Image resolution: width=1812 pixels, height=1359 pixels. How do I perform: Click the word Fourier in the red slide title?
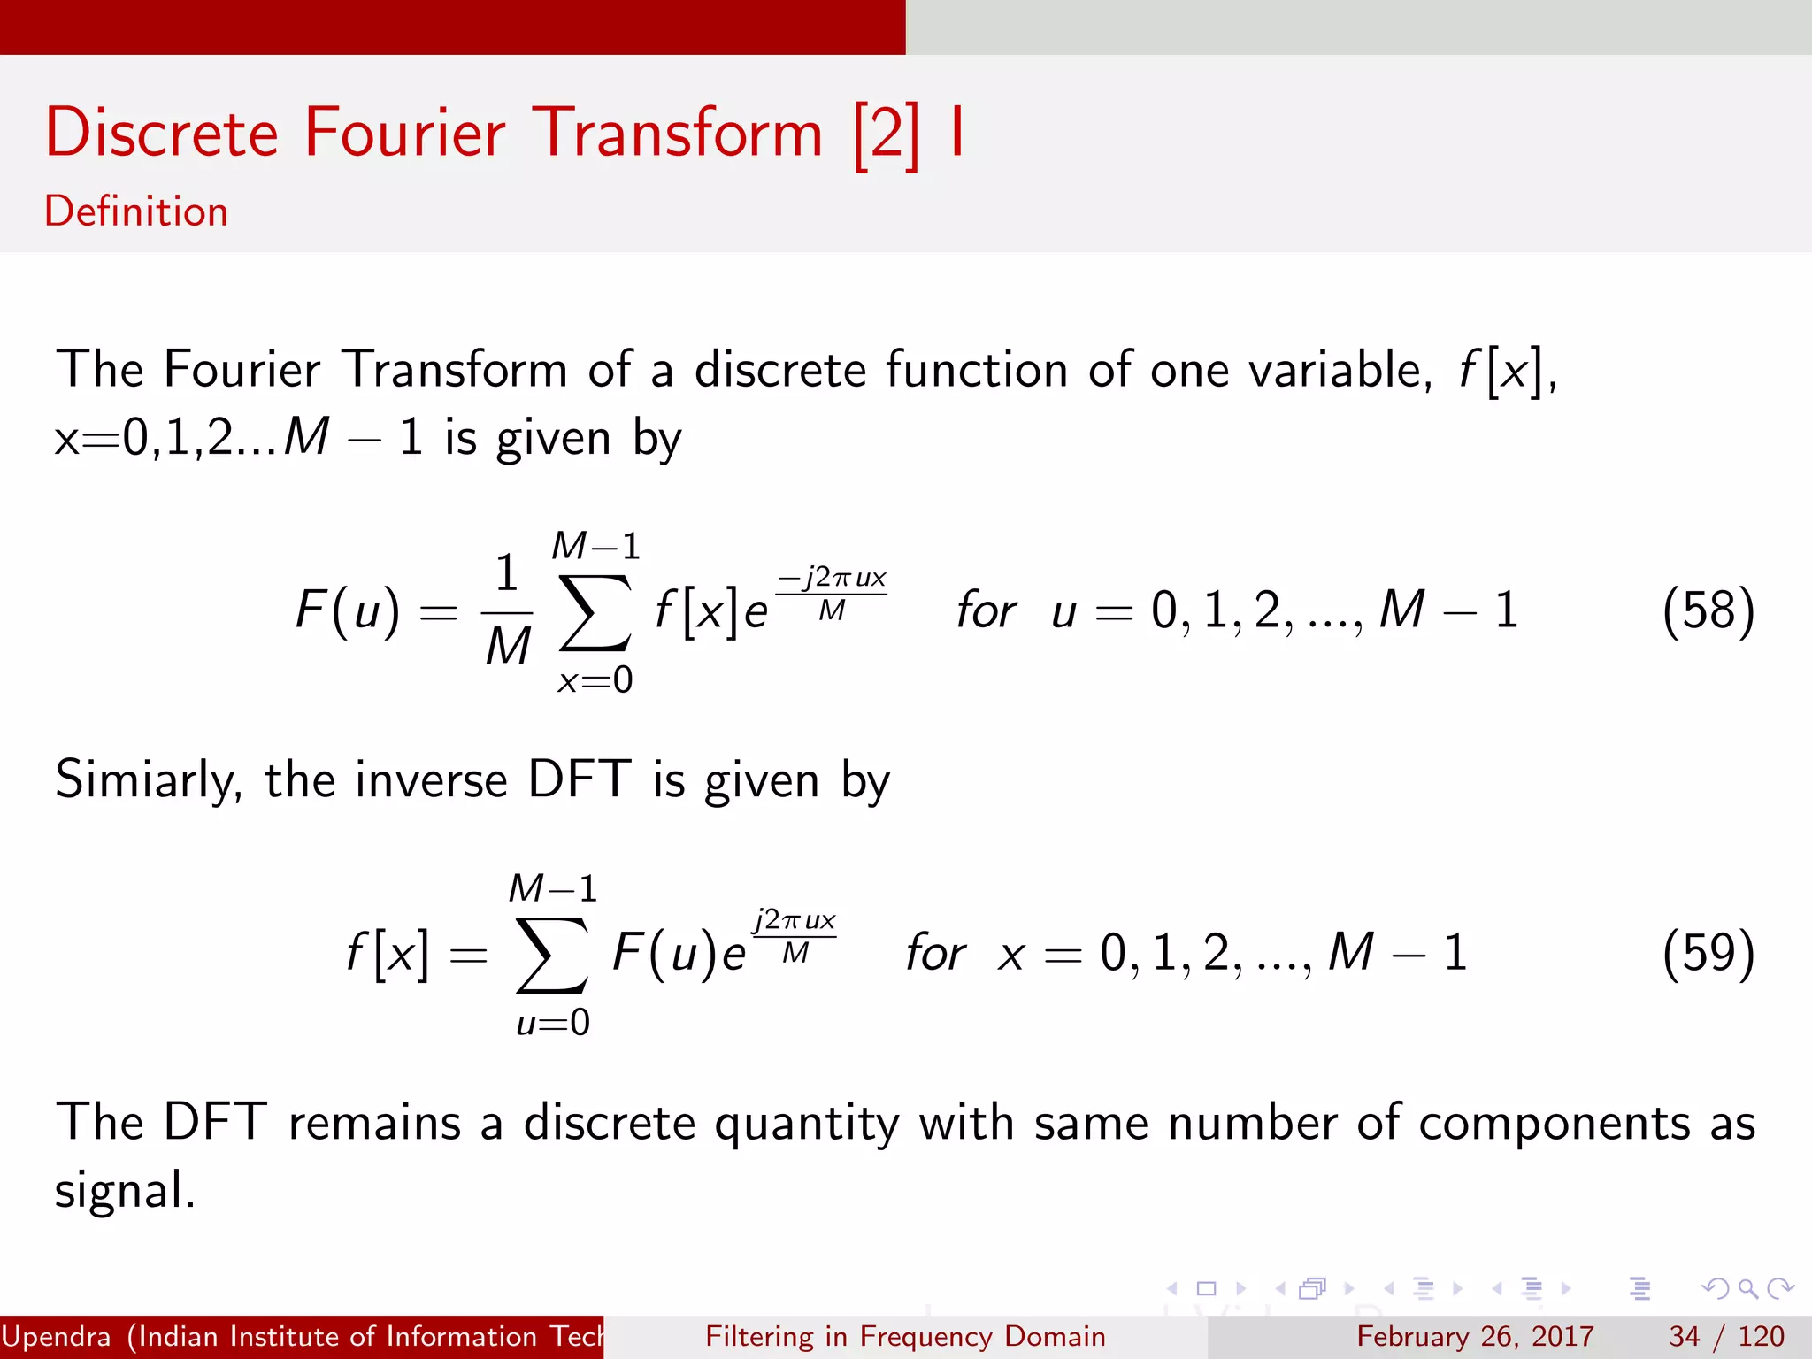pyautogui.click(x=404, y=133)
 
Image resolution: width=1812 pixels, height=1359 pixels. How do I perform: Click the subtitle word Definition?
pyautogui.click(x=136, y=211)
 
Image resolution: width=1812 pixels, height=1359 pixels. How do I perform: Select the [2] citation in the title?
pyautogui.click(x=887, y=134)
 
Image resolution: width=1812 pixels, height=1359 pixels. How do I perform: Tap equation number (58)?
pyautogui.click(x=1708, y=610)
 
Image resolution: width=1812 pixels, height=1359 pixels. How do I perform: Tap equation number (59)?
pyautogui.click(x=1708, y=953)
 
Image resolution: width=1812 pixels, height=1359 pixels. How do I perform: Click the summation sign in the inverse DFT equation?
pyautogui.click(x=552, y=955)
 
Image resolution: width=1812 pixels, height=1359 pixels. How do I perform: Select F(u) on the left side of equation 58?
pyautogui.click(x=348, y=610)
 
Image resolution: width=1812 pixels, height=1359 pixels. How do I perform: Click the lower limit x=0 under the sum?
pyautogui.click(x=595, y=680)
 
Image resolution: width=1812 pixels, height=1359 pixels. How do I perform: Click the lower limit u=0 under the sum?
pyautogui.click(x=553, y=1023)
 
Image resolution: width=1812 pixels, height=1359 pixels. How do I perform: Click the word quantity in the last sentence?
pyautogui.click(x=806, y=1124)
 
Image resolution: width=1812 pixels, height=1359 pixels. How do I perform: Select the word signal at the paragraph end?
pyautogui.click(x=124, y=1191)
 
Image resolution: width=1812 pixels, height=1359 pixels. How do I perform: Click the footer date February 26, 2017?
pyautogui.click(x=1475, y=1336)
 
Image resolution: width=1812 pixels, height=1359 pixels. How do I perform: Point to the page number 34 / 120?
pyautogui.click(x=1726, y=1336)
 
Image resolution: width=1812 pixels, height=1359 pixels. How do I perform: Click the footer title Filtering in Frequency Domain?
pyautogui.click(x=905, y=1336)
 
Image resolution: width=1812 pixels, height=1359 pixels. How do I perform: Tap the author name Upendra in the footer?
pyautogui.click(x=57, y=1336)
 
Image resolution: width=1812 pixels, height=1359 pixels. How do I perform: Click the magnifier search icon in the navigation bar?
pyautogui.click(x=1747, y=1288)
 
